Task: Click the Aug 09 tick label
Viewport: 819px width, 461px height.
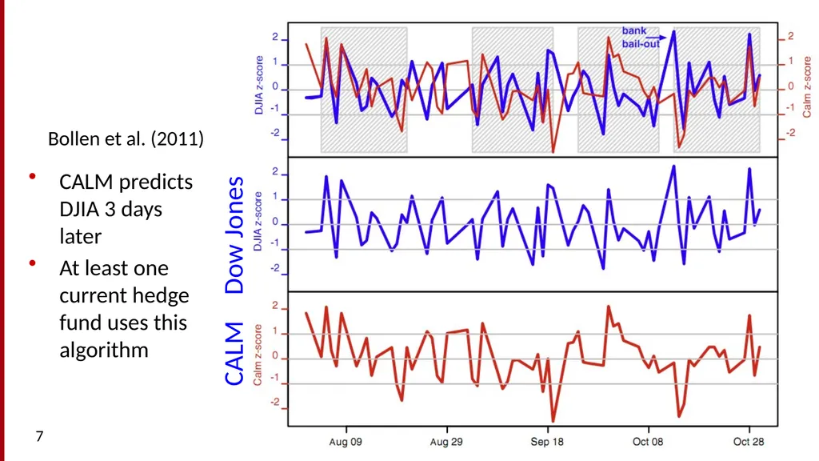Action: tap(346, 442)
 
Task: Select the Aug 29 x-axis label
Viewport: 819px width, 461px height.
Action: tap(446, 442)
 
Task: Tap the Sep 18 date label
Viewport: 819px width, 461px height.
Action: tap(547, 442)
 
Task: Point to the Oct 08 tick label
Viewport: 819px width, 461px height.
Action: tap(648, 442)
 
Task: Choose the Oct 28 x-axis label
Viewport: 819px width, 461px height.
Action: tap(749, 442)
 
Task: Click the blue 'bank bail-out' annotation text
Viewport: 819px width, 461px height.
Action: tap(641, 38)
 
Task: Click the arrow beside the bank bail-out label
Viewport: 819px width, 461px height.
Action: tap(657, 38)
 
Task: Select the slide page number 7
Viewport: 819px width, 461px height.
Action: tap(39, 436)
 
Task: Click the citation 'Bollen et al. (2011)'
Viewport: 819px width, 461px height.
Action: tap(126, 139)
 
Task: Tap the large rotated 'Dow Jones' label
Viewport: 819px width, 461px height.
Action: tap(234, 235)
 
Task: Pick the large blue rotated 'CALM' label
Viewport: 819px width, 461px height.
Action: tap(234, 354)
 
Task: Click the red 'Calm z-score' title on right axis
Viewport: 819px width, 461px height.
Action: tap(807, 86)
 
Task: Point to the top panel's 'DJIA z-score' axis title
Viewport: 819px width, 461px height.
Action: tap(259, 85)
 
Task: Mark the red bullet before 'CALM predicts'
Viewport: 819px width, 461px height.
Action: tap(32, 177)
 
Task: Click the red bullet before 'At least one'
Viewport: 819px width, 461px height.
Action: tap(32, 263)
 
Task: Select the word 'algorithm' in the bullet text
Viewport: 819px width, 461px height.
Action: tap(104, 351)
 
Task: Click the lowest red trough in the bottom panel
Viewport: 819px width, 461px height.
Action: tap(553, 421)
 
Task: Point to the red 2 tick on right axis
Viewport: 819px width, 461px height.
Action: tap(791, 36)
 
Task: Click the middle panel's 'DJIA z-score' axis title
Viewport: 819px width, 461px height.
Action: tap(258, 221)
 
